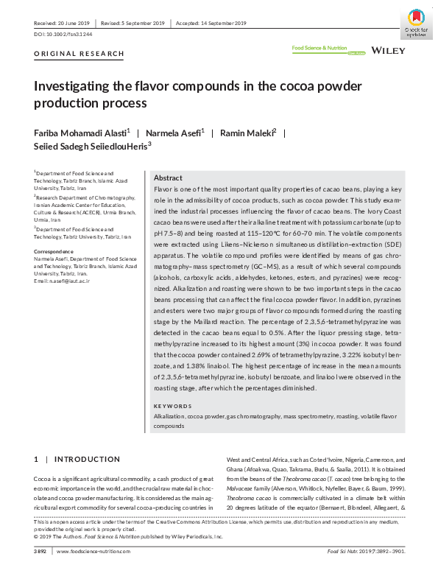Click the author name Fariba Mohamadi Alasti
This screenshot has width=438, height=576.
click(81, 133)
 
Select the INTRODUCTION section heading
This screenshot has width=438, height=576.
click(87, 459)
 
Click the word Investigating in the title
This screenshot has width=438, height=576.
click(76, 85)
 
